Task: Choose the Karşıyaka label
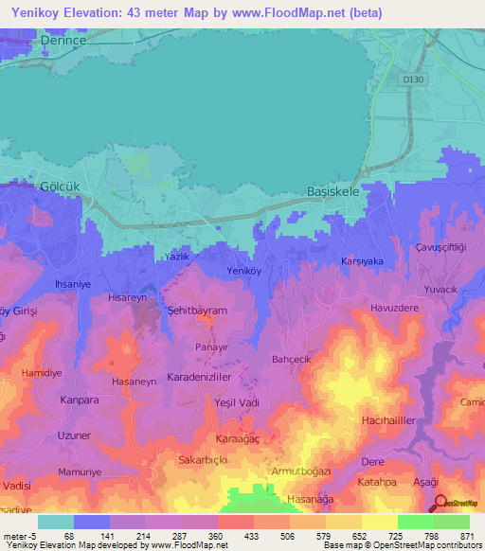pos(361,260)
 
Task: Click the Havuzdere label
pos(393,306)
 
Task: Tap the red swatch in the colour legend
pos(235,522)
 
